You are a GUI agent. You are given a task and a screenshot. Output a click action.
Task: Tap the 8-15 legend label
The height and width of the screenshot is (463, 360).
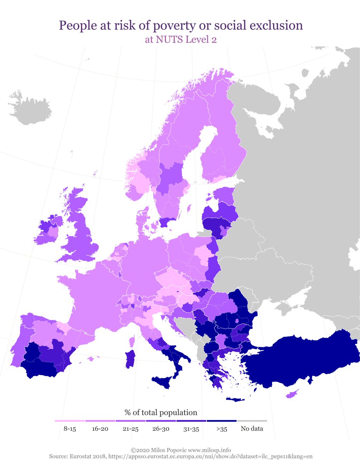[x=69, y=429]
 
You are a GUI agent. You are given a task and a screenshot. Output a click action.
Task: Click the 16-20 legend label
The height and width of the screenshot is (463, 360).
[x=100, y=429]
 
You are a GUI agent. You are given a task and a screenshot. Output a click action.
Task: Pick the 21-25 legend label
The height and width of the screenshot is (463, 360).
[x=130, y=429]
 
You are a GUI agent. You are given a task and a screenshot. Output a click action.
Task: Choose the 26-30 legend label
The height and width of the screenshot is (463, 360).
[x=161, y=429]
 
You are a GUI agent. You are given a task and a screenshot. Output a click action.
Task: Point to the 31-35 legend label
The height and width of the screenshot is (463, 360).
[x=191, y=429]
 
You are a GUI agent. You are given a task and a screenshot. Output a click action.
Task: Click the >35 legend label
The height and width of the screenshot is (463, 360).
[x=221, y=429]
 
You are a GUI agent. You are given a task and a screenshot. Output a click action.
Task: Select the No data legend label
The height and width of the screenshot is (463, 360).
[x=252, y=429]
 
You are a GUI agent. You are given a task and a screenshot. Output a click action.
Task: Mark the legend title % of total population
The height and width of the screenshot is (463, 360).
[x=161, y=412]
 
